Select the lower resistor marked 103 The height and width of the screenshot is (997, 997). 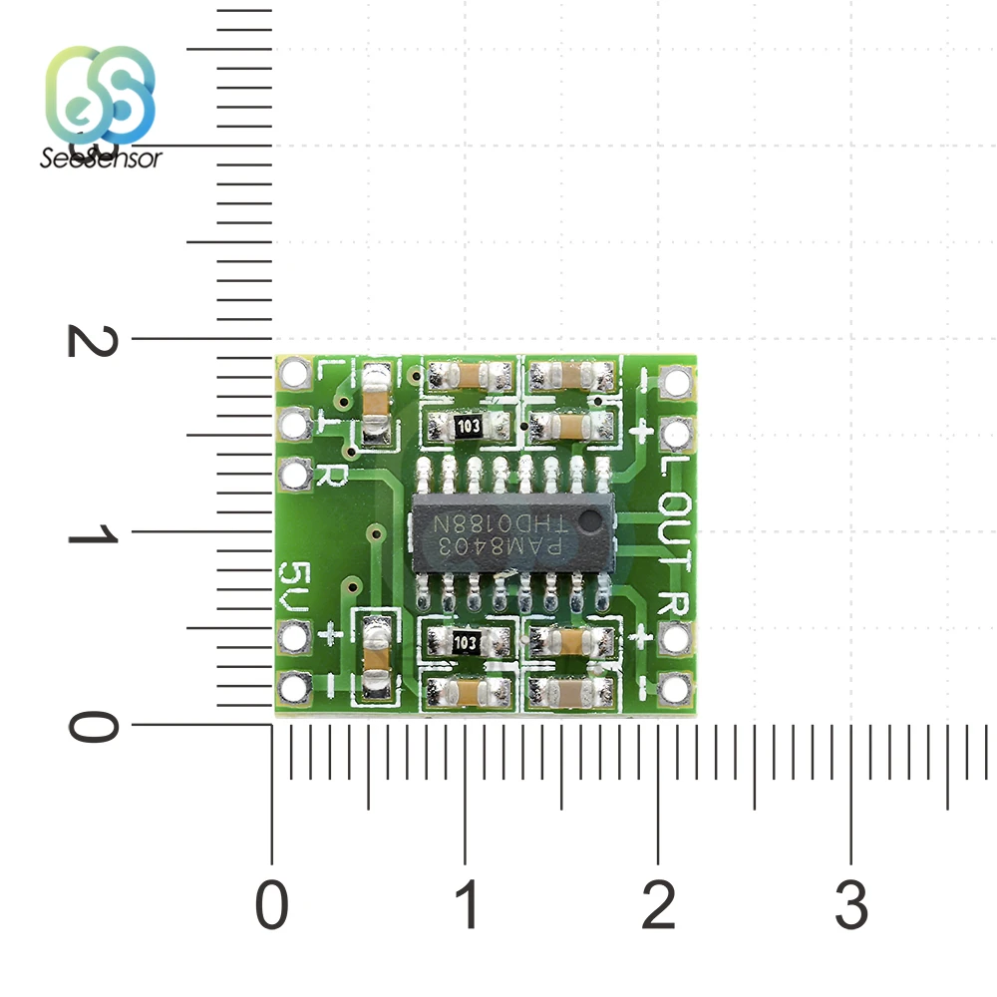click(x=466, y=643)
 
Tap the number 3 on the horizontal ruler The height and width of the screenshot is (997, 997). click(x=850, y=907)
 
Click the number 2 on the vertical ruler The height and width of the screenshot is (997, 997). click(x=92, y=340)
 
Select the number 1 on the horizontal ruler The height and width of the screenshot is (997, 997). click(x=466, y=907)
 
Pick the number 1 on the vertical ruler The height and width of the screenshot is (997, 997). click(x=92, y=534)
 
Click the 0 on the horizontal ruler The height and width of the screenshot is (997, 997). click(x=272, y=907)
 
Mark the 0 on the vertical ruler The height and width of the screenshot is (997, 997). click(x=92, y=726)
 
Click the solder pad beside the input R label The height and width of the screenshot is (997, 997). click(x=295, y=476)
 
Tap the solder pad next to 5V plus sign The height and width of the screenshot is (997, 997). click(x=295, y=636)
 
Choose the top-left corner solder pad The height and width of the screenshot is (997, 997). click(x=295, y=375)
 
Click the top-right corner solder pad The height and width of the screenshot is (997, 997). click(x=676, y=381)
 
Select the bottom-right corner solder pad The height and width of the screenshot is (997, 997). click(x=676, y=686)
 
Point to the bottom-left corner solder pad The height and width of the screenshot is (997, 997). click(x=295, y=687)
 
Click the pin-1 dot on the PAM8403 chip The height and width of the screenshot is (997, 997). click(x=590, y=519)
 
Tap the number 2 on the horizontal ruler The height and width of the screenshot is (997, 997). click(x=658, y=907)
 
